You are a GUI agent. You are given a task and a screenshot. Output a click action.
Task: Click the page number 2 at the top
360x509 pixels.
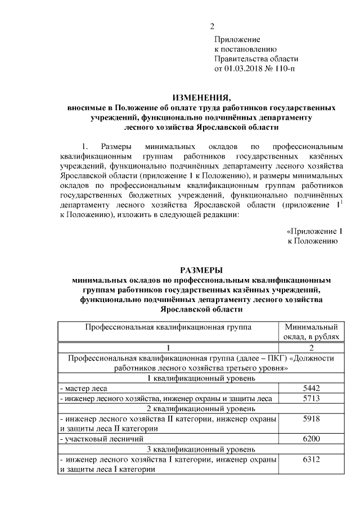pos(212,26)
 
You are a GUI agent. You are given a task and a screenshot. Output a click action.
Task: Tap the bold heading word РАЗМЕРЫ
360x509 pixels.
pos(201,269)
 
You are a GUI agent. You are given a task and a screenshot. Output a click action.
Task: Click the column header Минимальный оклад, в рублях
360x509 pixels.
pos(311,331)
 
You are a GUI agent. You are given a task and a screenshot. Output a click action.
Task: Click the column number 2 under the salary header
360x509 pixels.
pos(311,347)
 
